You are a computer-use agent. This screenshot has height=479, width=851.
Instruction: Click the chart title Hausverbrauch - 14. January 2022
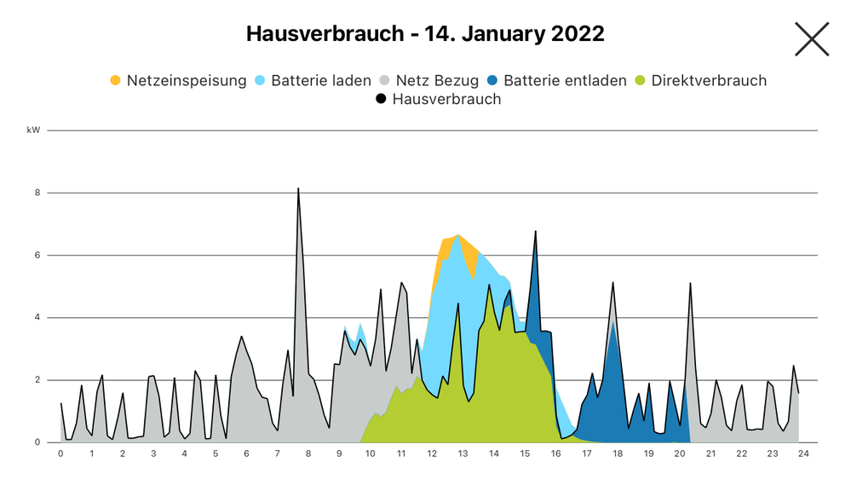[x=425, y=34]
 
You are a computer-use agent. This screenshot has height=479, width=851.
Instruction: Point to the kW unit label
[x=33, y=130]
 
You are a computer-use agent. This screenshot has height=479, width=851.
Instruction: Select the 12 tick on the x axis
[x=432, y=453]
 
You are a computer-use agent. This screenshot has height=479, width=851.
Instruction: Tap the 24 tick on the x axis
[x=802, y=453]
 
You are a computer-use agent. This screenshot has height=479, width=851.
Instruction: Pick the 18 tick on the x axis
[x=617, y=453]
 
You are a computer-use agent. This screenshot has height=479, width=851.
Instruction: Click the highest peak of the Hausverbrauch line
[x=298, y=189]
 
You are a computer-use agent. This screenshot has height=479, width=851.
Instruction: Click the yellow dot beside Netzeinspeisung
[x=116, y=81]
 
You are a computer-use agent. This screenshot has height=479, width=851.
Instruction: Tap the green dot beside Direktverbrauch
[x=641, y=81]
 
